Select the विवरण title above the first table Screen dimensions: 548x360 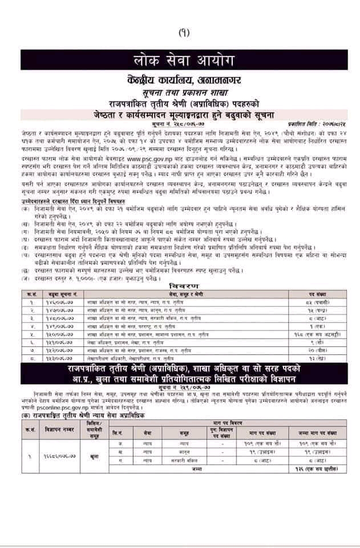pos(180,284)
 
